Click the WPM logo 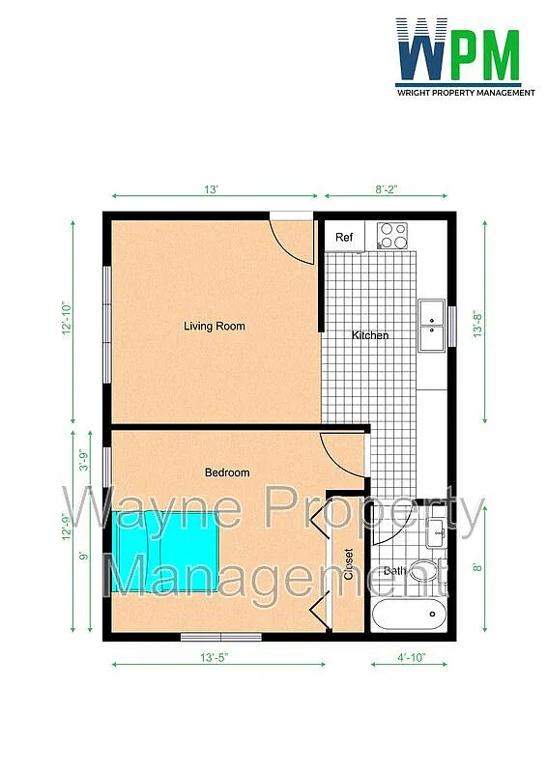465,57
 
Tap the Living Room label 215,326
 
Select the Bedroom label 227,472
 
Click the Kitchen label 370,335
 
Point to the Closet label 349,564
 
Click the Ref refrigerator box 344,237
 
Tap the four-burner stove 392,235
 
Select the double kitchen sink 432,326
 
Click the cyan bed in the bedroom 164,552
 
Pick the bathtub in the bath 410,615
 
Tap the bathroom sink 436,533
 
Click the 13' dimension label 211,189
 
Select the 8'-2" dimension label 387,189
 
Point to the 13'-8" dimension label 477,324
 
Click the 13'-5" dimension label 215,658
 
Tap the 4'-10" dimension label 412,658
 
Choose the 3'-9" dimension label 84,461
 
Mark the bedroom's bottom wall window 221,638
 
